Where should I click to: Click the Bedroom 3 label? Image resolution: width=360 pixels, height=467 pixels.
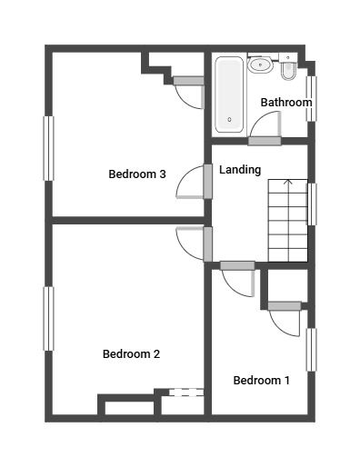(x=136, y=174)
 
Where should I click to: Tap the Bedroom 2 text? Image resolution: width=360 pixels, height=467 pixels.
(x=131, y=354)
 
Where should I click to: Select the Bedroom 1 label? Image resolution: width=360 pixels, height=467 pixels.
(x=261, y=381)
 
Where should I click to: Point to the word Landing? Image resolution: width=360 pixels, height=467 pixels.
(x=240, y=170)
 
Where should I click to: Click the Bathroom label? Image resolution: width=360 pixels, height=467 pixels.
(x=285, y=103)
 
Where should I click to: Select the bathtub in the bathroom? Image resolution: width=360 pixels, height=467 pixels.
(x=229, y=94)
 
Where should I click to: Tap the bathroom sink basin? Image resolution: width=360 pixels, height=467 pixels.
(x=261, y=64)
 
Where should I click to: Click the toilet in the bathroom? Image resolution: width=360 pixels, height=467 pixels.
(x=288, y=67)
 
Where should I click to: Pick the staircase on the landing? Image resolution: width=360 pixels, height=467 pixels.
(x=287, y=220)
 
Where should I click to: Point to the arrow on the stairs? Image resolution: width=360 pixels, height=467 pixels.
(x=288, y=184)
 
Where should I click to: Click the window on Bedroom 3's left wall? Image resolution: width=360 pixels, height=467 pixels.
(x=48, y=148)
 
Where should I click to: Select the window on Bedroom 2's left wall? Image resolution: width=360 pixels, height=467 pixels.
(x=48, y=318)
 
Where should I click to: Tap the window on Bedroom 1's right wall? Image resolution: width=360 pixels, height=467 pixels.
(x=311, y=349)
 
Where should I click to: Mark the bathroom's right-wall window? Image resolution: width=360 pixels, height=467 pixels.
(x=311, y=97)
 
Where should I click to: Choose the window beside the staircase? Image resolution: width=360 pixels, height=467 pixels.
(x=312, y=204)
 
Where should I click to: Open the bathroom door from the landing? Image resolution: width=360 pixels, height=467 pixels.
(x=265, y=141)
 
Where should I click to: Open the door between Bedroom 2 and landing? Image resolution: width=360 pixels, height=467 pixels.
(x=208, y=243)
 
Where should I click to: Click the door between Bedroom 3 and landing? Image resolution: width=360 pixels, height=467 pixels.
(x=208, y=181)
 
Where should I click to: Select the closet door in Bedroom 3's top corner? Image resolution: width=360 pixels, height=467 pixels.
(x=189, y=81)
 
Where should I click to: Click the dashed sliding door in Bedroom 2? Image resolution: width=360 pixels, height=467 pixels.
(x=185, y=392)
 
